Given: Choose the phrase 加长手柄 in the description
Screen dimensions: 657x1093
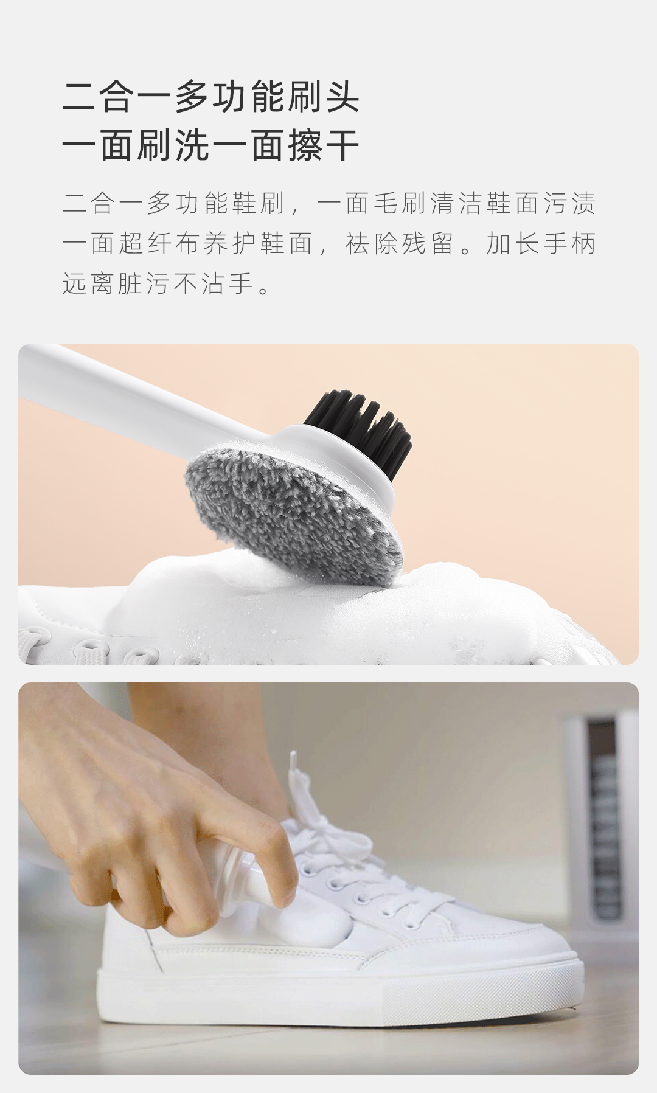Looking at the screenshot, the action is [x=540, y=243].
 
